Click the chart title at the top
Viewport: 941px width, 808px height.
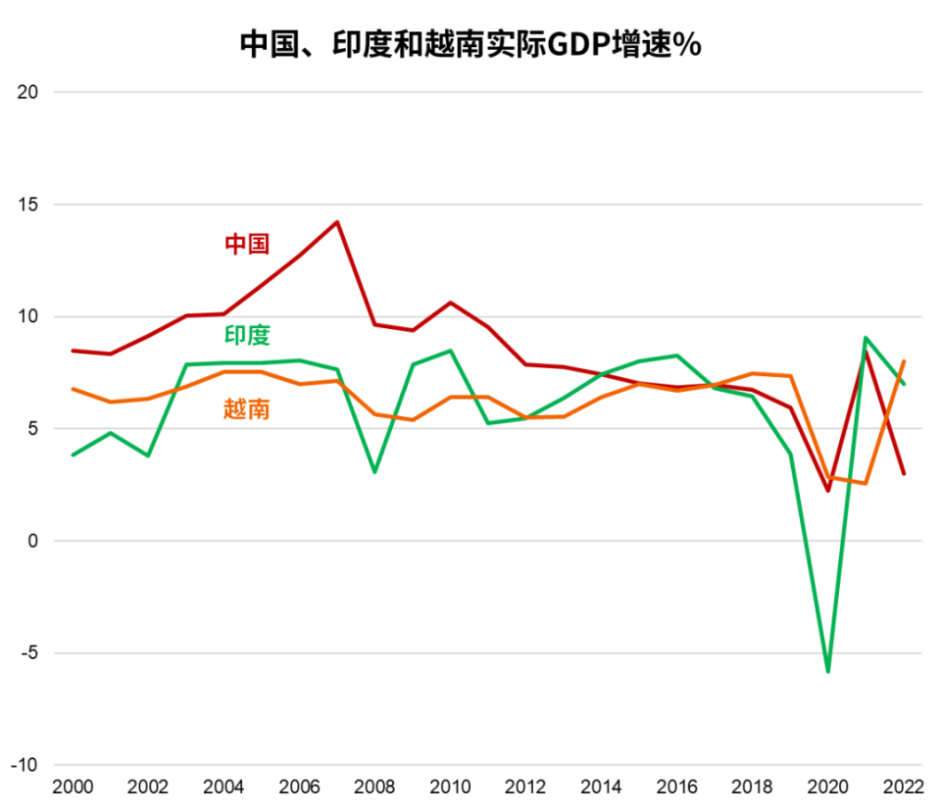pyautogui.click(x=470, y=44)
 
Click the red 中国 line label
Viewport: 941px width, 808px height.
pyautogui.click(x=247, y=245)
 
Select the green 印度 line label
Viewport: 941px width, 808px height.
pyautogui.click(x=247, y=335)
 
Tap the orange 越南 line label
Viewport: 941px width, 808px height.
pyautogui.click(x=247, y=409)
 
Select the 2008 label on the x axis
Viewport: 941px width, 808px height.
pyautogui.click(x=373, y=788)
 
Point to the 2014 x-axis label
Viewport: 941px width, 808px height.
pyautogui.click(x=601, y=788)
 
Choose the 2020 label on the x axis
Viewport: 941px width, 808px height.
pyautogui.click(x=827, y=788)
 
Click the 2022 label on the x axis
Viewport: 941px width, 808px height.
pyautogui.click(x=903, y=788)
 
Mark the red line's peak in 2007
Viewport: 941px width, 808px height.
pyautogui.click(x=337, y=222)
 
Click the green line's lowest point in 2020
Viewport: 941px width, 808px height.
pyautogui.click(x=827, y=672)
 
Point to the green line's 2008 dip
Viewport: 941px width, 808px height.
pyautogui.click(x=374, y=472)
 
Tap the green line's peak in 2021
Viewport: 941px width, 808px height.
pyautogui.click(x=866, y=338)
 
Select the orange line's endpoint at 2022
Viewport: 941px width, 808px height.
pyautogui.click(x=904, y=361)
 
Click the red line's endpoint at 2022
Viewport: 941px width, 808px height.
pyautogui.click(x=904, y=474)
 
